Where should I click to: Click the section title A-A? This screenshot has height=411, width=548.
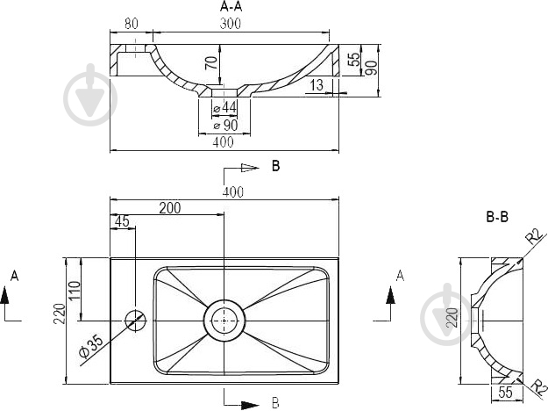[231, 6]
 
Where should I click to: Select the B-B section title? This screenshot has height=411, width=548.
[497, 217]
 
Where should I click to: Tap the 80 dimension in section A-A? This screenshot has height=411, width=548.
[132, 24]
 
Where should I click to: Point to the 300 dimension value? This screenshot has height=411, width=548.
[231, 24]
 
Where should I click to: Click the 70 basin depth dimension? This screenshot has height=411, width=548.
[211, 62]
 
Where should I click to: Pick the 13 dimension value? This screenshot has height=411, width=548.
[317, 85]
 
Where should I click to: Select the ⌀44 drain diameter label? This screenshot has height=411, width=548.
[224, 107]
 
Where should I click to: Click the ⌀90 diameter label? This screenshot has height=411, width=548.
[225, 125]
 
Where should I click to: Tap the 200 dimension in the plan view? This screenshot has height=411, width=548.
[170, 208]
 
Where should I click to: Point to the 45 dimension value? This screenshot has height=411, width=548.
[122, 221]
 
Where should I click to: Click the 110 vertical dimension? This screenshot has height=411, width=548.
[75, 289]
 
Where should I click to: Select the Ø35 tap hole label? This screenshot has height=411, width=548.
[91, 347]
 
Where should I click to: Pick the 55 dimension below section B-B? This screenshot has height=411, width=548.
[505, 393]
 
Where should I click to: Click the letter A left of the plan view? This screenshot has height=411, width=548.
[14, 276]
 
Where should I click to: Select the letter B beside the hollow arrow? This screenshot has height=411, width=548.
[275, 166]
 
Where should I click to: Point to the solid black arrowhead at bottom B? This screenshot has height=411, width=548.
[250, 405]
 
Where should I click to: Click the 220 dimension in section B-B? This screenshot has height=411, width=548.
[452, 318]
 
